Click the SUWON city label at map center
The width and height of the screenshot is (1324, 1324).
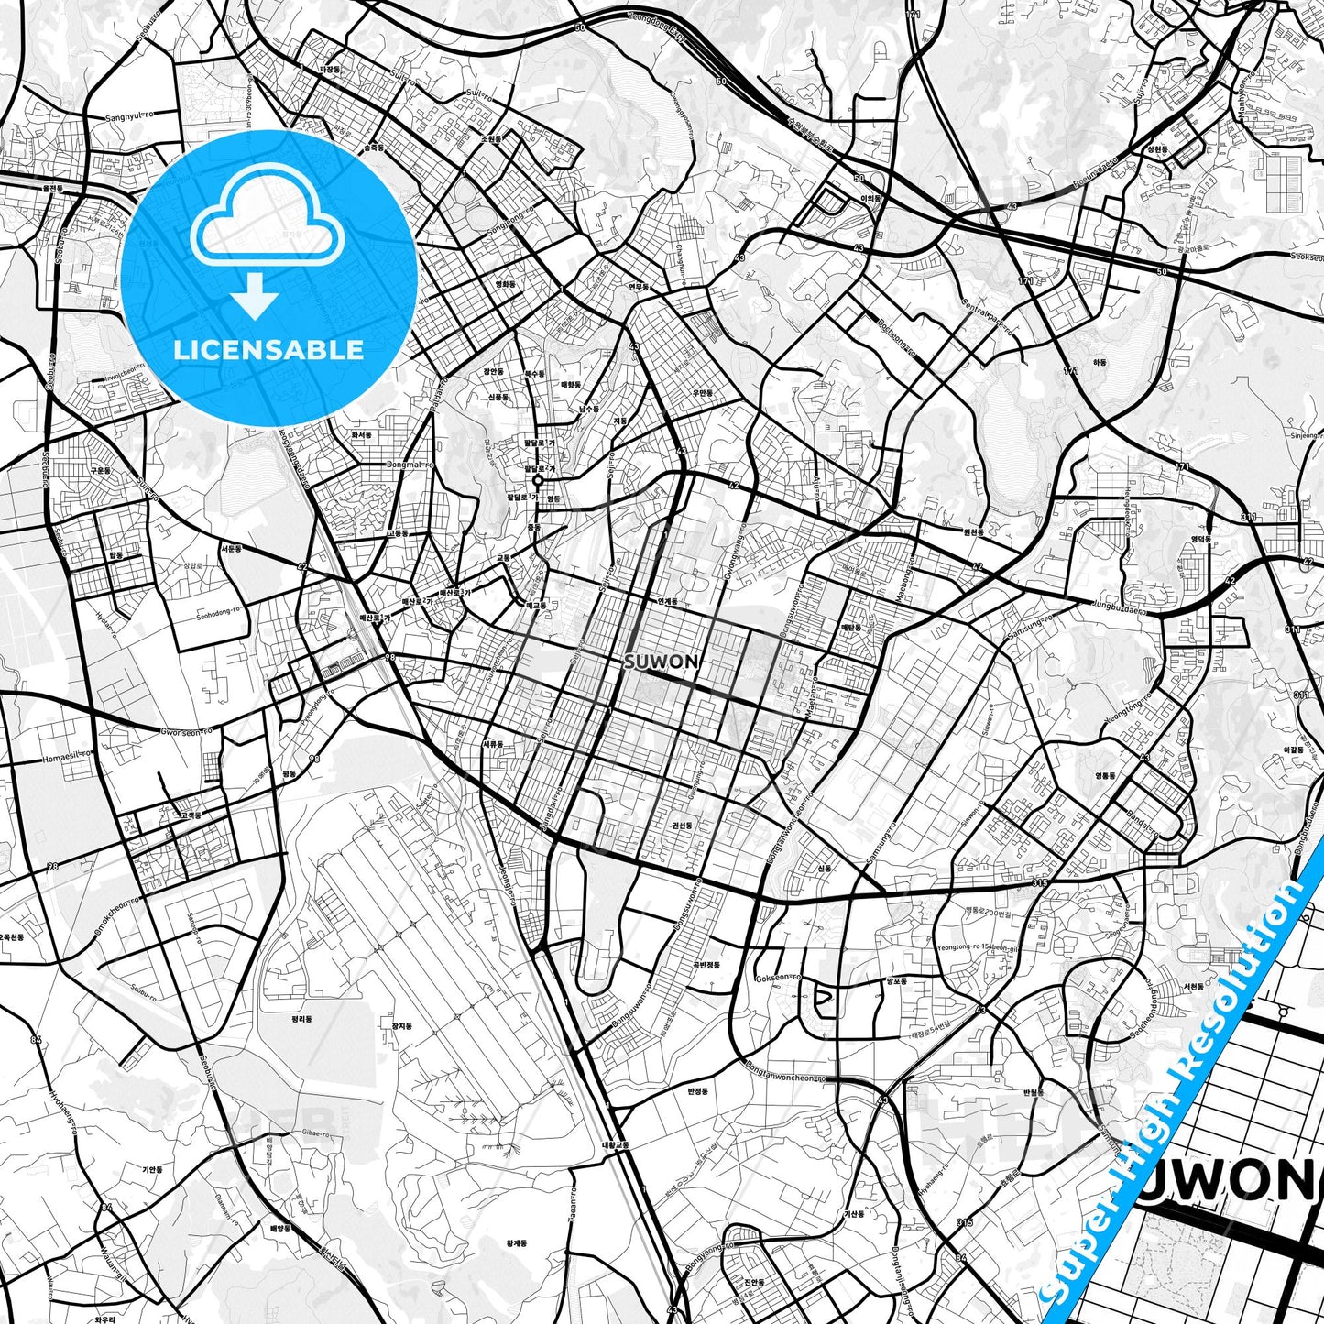click(x=661, y=662)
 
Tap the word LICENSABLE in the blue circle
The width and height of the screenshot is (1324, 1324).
click(x=269, y=350)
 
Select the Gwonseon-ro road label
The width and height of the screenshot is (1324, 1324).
click(x=186, y=731)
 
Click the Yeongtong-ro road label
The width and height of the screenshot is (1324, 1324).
click(x=1127, y=717)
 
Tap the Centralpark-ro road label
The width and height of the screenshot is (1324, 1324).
click(x=983, y=317)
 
